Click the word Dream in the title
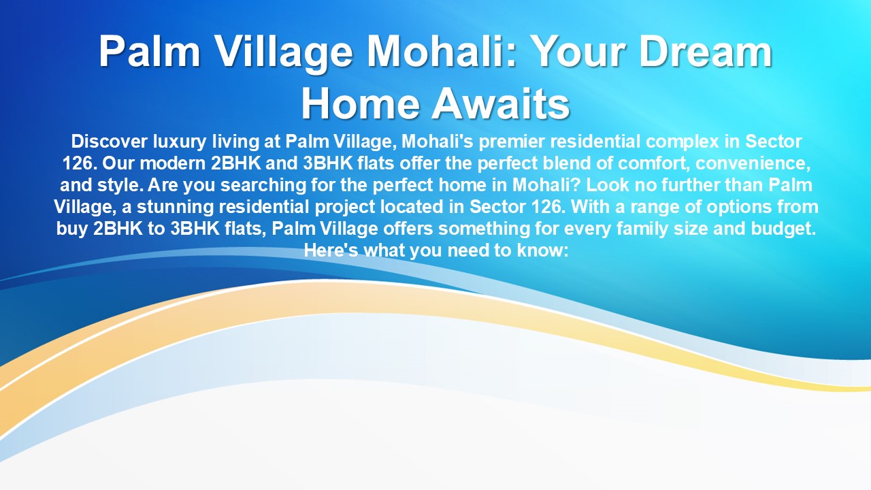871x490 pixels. click(x=706, y=52)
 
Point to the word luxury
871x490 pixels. click(x=179, y=142)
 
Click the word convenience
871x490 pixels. click(x=753, y=164)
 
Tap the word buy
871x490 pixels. click(x=72, y=229)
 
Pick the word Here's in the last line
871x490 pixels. click(x=331, y=250)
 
